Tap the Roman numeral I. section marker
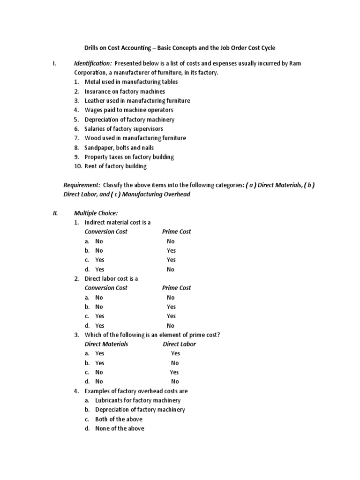(x=54, y=63)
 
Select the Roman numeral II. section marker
(x=55, y=213)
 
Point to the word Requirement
(x=82, y=185)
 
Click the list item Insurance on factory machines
(x=125, y=91)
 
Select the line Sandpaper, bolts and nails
(x=119, y=148)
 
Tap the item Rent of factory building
(x=115, y=166)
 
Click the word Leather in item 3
(x=95, y=101)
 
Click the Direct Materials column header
(x=106, y=344)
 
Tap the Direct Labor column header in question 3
(x=180, y=344)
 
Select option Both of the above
(x=119, y=419)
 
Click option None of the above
(x=120, y=428)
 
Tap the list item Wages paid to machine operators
(x=129, y=110)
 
